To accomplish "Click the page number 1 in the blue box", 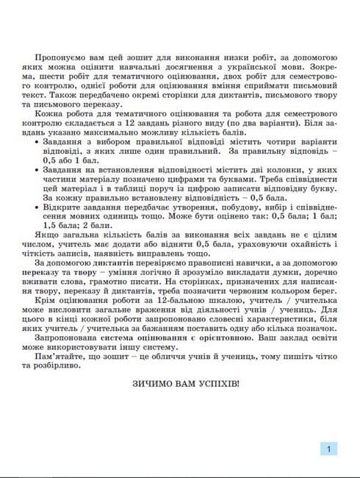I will tap(330, 449).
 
